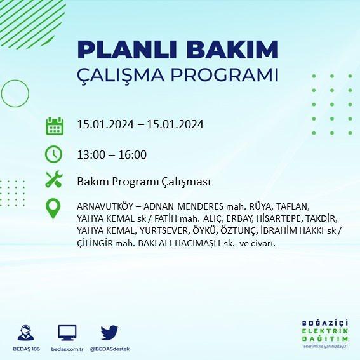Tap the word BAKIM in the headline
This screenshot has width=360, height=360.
[x=232, y=50]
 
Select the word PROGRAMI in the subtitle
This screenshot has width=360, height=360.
[x=224, y=75]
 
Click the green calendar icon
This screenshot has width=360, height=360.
[x=55, y=126]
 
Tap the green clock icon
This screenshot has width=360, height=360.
[x=53, y=154]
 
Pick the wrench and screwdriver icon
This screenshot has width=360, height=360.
[x=54, y=179]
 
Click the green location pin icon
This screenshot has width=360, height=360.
[x=53, y=208]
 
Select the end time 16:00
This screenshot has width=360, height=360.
[x=133, y=154]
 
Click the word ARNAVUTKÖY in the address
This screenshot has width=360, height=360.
[x=105, y=206]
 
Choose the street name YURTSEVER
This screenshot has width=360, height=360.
[x=164, y=230]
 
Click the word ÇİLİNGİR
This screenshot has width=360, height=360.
[x=95, y=243]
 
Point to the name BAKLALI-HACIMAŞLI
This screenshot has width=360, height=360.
[x=179, y=243]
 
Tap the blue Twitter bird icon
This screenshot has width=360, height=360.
[x=109, y=333]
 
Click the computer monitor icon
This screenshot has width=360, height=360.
[x=67, y=333]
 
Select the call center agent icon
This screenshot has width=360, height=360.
[x=25, y=333]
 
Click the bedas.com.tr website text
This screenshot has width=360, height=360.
[x=67, y=349]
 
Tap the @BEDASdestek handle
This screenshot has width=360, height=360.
[x=110, y=349]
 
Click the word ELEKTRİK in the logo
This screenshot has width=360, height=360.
[x=325, y=331]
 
